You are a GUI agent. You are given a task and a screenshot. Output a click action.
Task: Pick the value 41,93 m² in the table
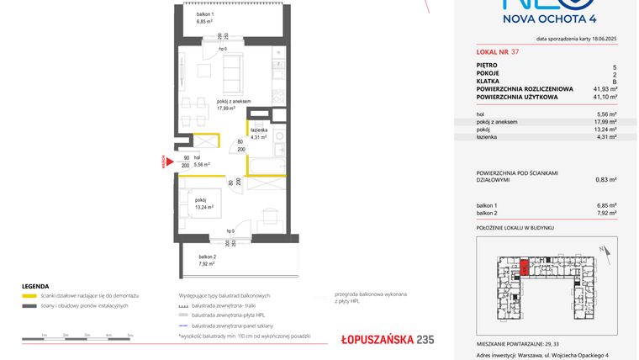click(605, 88)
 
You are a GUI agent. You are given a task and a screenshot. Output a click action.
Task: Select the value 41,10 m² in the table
click(605, 97)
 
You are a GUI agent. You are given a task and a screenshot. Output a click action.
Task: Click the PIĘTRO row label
click(487, 66)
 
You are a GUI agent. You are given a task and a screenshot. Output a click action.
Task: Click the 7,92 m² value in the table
click(606, 213)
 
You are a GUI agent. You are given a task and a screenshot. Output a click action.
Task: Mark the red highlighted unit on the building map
click(524, 267)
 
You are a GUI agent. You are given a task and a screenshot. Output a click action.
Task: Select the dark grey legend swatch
click(29, 305)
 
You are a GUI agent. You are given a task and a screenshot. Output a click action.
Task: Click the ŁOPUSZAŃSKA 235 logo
click(388, 340)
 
